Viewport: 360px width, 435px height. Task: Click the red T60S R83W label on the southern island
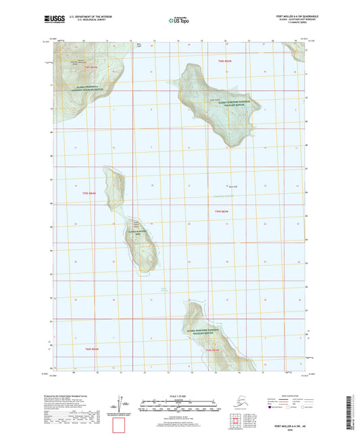pos(213,351)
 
